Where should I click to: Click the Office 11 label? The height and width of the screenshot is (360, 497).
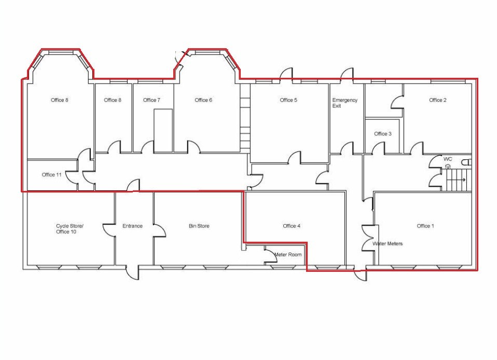(52, 175)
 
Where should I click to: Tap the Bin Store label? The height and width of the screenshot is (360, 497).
(199, 226)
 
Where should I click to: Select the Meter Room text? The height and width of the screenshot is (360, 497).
(288, 255)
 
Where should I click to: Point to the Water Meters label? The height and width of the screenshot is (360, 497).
(388, 244)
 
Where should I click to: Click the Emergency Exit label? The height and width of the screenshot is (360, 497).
(344, 103)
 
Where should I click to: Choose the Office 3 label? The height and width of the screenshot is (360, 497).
(382, 134)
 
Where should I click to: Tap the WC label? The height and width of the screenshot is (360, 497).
(448, 159)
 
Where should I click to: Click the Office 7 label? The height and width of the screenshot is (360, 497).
(151, 100)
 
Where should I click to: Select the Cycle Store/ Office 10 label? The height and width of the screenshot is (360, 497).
(70, 229)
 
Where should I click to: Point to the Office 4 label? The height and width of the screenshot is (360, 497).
(292, 226)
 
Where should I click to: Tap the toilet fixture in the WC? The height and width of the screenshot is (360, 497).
(466, 162)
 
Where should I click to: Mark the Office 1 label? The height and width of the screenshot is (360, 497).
(425, 226)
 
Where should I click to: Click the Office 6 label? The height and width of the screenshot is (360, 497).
(203, 100)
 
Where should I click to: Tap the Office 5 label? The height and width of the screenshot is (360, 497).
(288, 100)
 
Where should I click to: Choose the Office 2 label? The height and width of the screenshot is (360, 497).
(438, 100)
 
